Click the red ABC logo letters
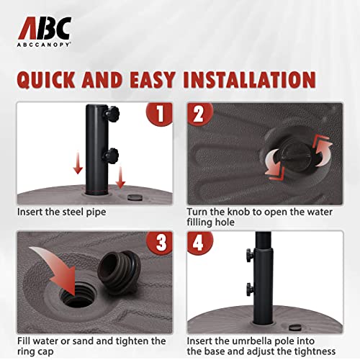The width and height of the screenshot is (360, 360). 45,28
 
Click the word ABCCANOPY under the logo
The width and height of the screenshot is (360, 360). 44,45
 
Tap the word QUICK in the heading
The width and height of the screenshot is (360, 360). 46,80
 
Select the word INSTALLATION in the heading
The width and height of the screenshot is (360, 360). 249,79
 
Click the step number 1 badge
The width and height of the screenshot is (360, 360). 160,114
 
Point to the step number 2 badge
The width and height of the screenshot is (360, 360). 199,114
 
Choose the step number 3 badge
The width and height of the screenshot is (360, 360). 160,243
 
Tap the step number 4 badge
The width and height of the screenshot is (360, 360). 199,243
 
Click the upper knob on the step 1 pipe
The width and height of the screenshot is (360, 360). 111,112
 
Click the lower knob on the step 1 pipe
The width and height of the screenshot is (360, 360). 111,155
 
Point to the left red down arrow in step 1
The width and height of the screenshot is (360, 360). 78,163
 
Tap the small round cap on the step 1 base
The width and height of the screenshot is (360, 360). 135,197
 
